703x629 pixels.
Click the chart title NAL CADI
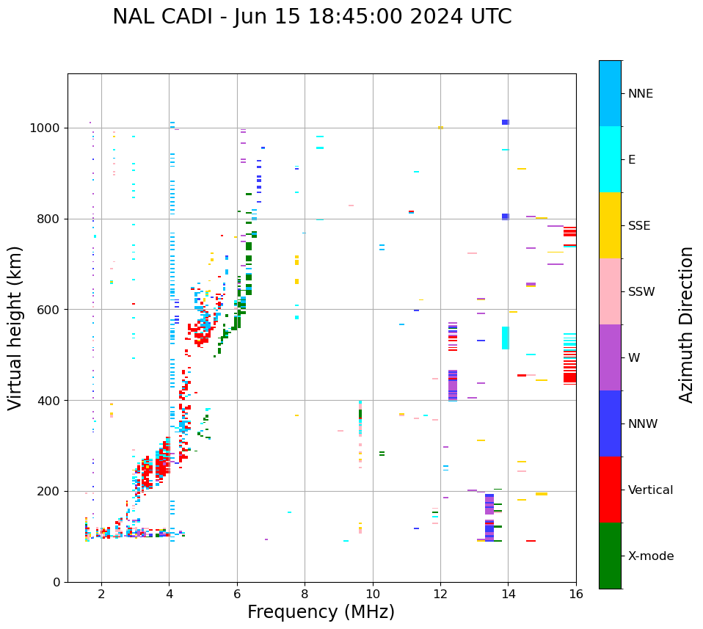coord(312,17)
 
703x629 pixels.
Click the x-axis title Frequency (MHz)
coord(321,612)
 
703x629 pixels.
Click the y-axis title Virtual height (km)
coord(15,328)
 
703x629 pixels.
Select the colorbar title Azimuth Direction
coord(686,324)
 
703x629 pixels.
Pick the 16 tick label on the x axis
coord(576,593)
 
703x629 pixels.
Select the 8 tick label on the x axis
coord(305,593)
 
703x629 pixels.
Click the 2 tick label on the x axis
coord(101,593)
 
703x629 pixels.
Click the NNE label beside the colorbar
coord(640,94)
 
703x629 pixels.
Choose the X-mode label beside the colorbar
coord(650,556)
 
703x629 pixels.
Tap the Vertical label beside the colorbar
coord(650,490)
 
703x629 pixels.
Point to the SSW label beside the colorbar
coord(641,292)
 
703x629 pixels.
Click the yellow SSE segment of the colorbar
coord(610,225)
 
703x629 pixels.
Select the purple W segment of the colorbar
coord(610,357)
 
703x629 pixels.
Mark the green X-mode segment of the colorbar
coord(610,556)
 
